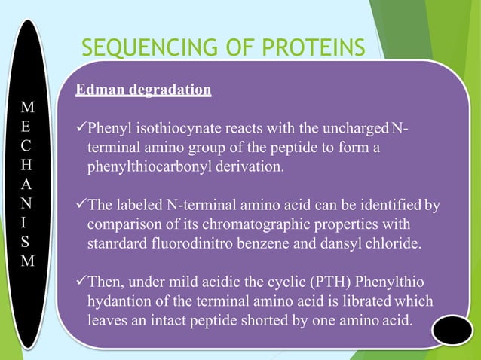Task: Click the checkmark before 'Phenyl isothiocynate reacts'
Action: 81,124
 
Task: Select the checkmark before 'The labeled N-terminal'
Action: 81,203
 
